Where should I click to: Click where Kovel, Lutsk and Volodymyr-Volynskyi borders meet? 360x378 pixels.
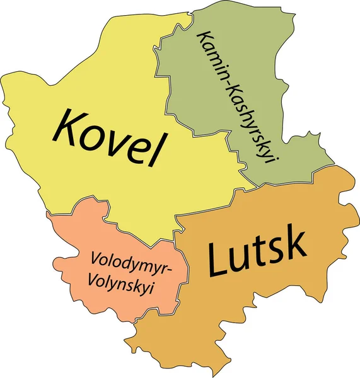(175, 239)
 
